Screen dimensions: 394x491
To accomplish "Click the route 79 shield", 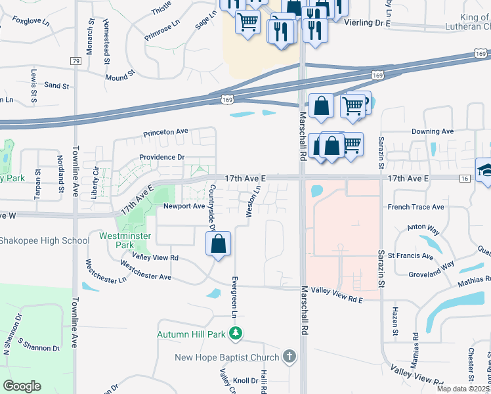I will tap(75, 61).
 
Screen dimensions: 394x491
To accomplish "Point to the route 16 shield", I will tap(464, 178).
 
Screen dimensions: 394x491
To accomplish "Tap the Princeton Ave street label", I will tap(166, 132).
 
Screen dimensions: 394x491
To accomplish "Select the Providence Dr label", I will tap(161, 158).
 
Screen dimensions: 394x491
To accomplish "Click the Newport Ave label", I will tap(184, 206).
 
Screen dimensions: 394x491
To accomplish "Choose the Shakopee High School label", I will tap(45, 240).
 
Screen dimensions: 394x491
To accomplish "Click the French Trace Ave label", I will tap(416, 207).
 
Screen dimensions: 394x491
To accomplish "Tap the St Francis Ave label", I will tap(410, 256).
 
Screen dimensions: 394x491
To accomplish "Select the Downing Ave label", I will tap(433, 131).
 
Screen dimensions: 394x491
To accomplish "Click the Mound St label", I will tap(119, 77).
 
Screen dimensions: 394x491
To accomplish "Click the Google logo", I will tap(22, 386).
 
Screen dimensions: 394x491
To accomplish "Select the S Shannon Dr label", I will tap(39, 345).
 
